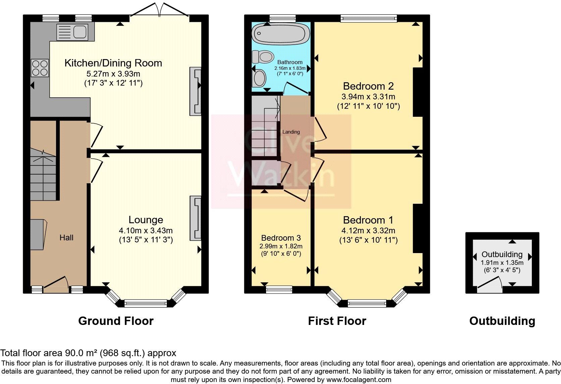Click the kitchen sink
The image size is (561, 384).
pyautogui.click(x=72, y=32)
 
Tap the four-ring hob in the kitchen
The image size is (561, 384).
pyautogui.click(x=40, y=68)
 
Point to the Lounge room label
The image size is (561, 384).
pyautogui.click(x=146, y=220)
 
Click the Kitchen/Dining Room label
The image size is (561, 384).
pyautogui.click(x=113, y=63)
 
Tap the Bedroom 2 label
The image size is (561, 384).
pyautogui.click(x=368, y=86)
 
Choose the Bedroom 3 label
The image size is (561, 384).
pyautogui.click(x=281, y=238)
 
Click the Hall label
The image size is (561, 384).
pyautogui.click(x=66, y=238)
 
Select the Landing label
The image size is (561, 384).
pyautogui.click(x=291, y=132)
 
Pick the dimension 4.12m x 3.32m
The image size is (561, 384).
pyautogui.click(x=368, y=231)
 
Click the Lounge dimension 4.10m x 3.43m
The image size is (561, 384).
pyautogui.click(x=146, y=231)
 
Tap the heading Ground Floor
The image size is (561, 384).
pyautogui.click(x=116, y=321)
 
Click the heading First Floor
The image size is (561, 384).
pyautogui.click(x=337, y=321)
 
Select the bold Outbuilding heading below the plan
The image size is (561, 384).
pyautogui.click(x=502, y=321)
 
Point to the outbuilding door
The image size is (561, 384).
pyautogui.click(x=490, y=283)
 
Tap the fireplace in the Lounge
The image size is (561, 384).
pyautogui.click(x=195, y=218)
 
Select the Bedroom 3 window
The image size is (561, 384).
pyautogui.click(x=279, y=289)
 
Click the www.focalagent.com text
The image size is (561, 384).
pyautogui.click(x=359, y=380)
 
